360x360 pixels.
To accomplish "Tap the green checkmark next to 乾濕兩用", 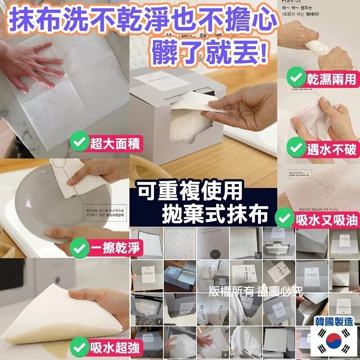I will point(296,78).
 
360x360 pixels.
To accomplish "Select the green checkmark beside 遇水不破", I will point(296,147).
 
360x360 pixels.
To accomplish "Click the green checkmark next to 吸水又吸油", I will point(283,219).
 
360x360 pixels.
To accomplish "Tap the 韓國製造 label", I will point(334,321).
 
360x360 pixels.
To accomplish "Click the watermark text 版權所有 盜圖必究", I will point(256,291).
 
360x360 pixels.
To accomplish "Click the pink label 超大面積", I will point(116,144).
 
